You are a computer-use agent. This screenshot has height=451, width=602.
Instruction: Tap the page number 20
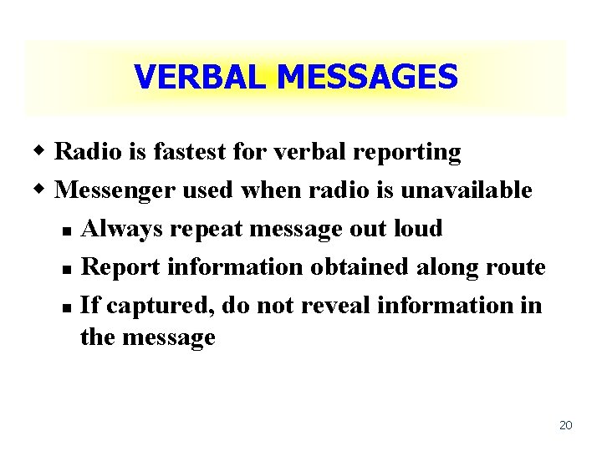click(x=565, y=426)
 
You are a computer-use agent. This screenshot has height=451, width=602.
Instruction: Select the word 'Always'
click(x=119, y=229)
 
